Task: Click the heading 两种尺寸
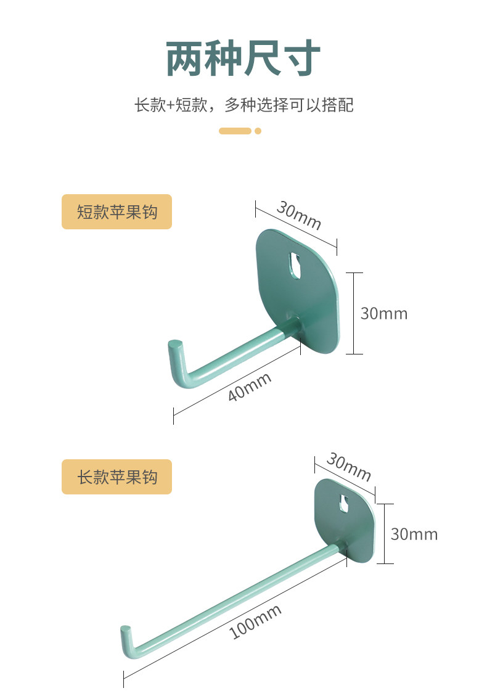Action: pos(243,59)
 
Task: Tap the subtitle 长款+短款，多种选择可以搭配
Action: pos(243,105)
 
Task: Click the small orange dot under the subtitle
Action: pos(258,131)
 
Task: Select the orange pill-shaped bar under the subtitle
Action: pos(235,131)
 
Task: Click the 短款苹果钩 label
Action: pos(117,212)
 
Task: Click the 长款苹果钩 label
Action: pos(117,477)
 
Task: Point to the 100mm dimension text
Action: pos(255,621)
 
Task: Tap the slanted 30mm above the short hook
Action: pos(299,215)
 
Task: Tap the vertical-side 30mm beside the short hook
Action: pos(383,313)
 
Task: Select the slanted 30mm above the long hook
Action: pos(349,468)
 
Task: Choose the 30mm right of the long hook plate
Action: pos(414,534)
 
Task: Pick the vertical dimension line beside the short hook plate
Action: pos(354,313)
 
